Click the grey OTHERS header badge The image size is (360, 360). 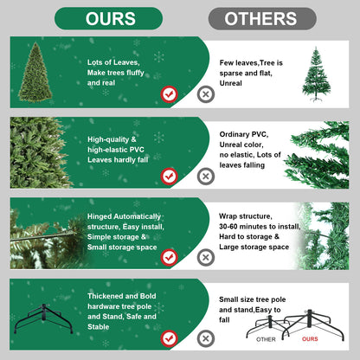click(x=262, y=18)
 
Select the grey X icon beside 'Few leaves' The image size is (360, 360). click(x=205, y=94)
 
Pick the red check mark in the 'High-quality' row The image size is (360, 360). click(x=170, y=176)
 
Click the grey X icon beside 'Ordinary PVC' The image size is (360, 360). click(x=205, y=176)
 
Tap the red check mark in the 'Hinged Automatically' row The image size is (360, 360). click(x=170, y=257)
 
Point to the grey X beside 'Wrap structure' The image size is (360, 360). click(x=205, y=257)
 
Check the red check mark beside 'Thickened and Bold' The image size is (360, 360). click(x=170, y=337)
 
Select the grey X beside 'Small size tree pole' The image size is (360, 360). click(x=205, y=337)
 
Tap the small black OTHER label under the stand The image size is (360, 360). click(x=267, y=339)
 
